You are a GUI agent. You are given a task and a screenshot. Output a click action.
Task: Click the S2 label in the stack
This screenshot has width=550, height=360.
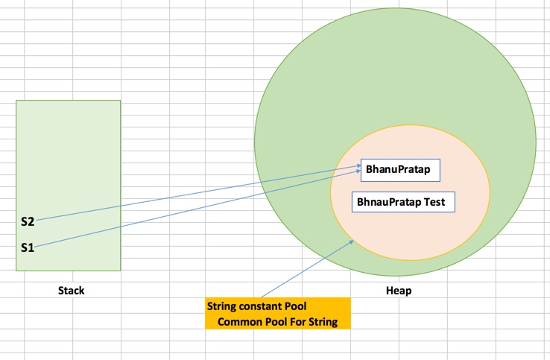28,221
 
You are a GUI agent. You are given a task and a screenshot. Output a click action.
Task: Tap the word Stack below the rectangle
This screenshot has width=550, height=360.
72,291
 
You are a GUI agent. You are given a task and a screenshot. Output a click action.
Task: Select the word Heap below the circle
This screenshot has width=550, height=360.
399,291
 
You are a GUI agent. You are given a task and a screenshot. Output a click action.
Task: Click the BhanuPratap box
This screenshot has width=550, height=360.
399,170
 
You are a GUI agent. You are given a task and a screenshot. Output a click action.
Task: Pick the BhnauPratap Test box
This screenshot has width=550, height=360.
402,201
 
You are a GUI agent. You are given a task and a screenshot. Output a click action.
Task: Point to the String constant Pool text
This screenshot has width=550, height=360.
256,306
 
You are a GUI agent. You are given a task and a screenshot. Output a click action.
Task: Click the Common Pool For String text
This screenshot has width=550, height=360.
278,322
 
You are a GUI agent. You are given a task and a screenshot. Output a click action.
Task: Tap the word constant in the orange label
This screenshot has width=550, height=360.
259,306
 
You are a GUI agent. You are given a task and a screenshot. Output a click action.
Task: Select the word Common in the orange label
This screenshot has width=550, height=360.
238,322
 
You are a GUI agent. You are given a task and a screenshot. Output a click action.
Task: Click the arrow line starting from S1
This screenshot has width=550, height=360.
194,209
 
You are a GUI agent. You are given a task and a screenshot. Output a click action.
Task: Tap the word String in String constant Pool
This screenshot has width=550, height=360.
221,306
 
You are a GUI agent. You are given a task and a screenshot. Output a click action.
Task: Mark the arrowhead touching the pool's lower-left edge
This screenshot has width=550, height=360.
351,241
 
